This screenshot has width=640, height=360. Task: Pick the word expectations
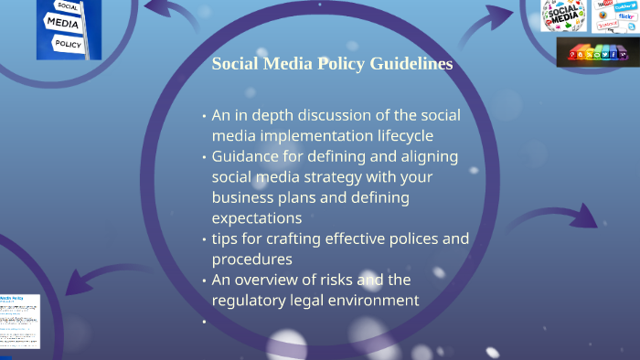point(256,217)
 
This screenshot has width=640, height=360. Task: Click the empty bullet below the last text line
point(204,322)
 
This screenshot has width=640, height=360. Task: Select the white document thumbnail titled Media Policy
point(19,321)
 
